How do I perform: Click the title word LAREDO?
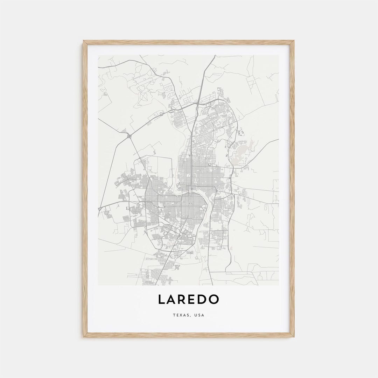tap(189, 299)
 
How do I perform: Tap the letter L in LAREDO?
tap(161, 299)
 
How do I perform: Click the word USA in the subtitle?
tap(199, 315)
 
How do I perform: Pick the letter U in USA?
tap(196, 315)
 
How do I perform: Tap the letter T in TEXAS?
tap(174, 315)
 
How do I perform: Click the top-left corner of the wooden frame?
tap(84, 41)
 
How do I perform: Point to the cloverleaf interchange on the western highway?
tap(129, 135)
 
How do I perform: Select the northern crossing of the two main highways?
tap(198, 103)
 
